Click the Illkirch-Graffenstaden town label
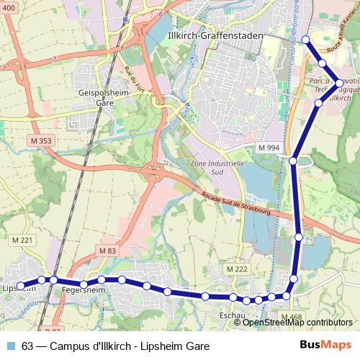click(x=214, y=35)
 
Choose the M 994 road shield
click(x=269, y=147)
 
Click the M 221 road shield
click(x=22, y=240)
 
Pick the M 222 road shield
click(x=236, y=268)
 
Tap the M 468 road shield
click(x=292, y=317)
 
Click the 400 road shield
click(x=9, y=27)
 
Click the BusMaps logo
click(x=325, y=346)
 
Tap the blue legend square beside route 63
click(x=11, y=346)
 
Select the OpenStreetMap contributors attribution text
click(x=297, y=323)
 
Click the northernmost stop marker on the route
click(x=305, y=40)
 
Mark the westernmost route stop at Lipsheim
click(x=21, y=286)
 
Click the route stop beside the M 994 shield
click(x=293, y=160)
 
